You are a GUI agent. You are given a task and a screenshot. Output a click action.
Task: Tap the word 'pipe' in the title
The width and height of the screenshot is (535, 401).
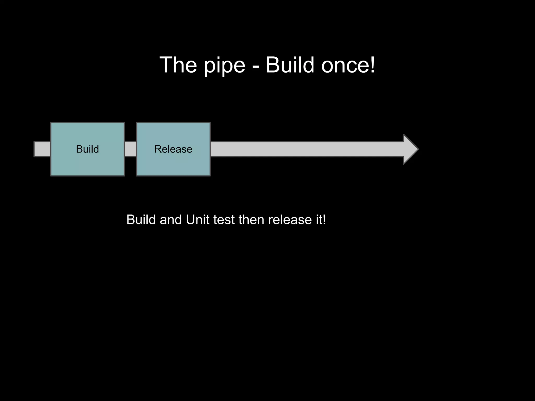click(224, 66)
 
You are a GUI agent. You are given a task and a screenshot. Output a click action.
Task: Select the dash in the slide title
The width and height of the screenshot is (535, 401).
click(256, 67)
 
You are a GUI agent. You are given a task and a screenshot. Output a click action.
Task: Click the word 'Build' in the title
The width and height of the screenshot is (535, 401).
click(290, 65)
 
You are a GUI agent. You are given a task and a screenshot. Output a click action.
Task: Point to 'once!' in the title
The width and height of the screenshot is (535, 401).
click(348, 65)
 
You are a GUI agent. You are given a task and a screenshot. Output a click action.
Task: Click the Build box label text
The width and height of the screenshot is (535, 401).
click(87, 149)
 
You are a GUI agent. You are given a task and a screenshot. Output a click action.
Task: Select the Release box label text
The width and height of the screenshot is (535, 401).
click(173, 149)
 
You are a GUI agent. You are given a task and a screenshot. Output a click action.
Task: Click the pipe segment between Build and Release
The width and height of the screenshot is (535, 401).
click(130, 149)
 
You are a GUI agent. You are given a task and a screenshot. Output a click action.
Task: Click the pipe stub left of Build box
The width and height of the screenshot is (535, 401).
click(42, 149)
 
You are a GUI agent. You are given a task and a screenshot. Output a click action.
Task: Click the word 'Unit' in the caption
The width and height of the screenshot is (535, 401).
click(197, 220)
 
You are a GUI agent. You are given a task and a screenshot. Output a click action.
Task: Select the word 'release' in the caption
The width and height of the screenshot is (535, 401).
click(290, 220)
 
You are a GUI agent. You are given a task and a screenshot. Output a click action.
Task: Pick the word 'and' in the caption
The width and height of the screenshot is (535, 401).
click(171, 220)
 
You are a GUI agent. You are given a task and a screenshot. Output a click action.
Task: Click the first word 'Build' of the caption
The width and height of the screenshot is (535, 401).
click(141, 220)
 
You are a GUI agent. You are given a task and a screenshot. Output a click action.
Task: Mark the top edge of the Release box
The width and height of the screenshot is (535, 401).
click(173, 123)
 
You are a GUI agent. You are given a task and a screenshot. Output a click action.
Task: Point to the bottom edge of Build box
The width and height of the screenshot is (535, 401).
click(87, 176)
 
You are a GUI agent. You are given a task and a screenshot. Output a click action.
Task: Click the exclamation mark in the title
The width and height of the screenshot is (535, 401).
click(373, 65)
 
